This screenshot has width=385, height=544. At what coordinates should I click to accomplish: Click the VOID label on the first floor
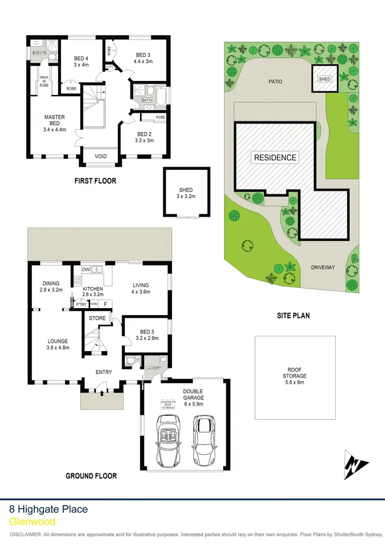[x=101, y=156]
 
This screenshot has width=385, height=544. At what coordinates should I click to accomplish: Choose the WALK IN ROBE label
[x=45, y=82]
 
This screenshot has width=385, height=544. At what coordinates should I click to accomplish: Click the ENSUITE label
[x=40, y=53]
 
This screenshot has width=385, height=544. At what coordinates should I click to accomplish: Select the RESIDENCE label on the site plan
[x=275, y=157]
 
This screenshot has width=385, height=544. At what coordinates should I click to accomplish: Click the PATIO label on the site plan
[x=275, y=82]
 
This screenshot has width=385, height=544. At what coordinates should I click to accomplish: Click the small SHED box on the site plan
[x=324, y=79]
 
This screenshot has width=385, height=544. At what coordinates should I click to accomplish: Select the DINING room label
[x=51, y=283]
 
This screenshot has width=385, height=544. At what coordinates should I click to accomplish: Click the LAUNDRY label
[x=154, y=368]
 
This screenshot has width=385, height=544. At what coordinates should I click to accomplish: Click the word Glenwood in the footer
[x=32, y=521]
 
